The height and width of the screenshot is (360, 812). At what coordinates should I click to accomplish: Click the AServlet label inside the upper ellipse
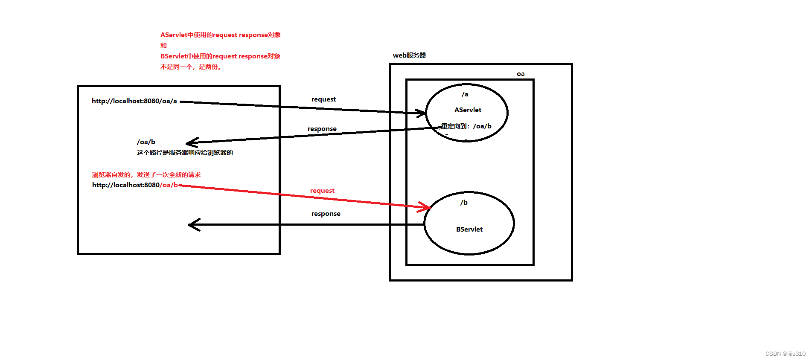click(x=468, y=110)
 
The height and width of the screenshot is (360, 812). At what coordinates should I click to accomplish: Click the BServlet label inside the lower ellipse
click(x=469, y=229)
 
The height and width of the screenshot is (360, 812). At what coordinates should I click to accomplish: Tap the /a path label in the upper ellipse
click(x=465, y=94)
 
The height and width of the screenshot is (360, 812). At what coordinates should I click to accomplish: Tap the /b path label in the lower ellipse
click(x=464, y=203)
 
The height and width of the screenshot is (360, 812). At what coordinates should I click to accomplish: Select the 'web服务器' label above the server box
click(x=409, y=55)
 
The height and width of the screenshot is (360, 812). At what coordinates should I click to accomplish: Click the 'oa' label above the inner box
click(x=521, y=74)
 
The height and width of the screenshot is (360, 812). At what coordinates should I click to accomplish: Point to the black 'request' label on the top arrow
click(x=323, y=99)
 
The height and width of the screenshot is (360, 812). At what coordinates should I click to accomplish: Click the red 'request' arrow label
click(x=322, y=191)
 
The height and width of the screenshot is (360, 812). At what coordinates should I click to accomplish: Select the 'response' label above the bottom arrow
click(x=326, y=214)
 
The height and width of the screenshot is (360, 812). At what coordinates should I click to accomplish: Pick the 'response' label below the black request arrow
click(x=322, y=129)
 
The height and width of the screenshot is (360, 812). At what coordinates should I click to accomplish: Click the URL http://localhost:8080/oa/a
click(x=134, y=101)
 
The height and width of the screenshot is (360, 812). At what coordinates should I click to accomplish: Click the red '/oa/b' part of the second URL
click(x=169, y=185)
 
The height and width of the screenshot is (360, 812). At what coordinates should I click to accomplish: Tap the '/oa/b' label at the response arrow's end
click(x=146, y=142)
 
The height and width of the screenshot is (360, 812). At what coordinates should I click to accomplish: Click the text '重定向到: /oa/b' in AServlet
click(x=466, y=126)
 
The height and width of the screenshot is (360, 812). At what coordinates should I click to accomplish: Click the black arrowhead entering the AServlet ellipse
click(x=421, y=113)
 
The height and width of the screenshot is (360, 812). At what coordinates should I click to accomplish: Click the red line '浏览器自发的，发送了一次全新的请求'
click(x=146, y=175)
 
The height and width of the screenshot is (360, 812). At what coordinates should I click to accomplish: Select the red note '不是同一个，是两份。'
click(x=191, y=67)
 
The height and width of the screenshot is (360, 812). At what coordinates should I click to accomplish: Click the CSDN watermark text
click(x=785, y=354)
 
